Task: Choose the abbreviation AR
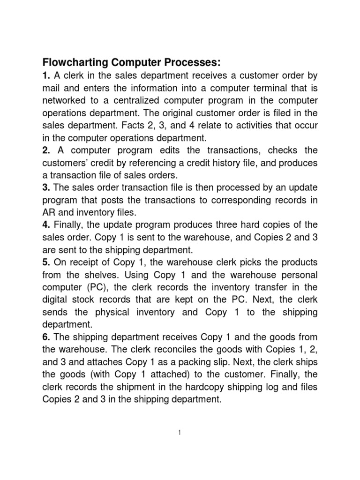point(49,212)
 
